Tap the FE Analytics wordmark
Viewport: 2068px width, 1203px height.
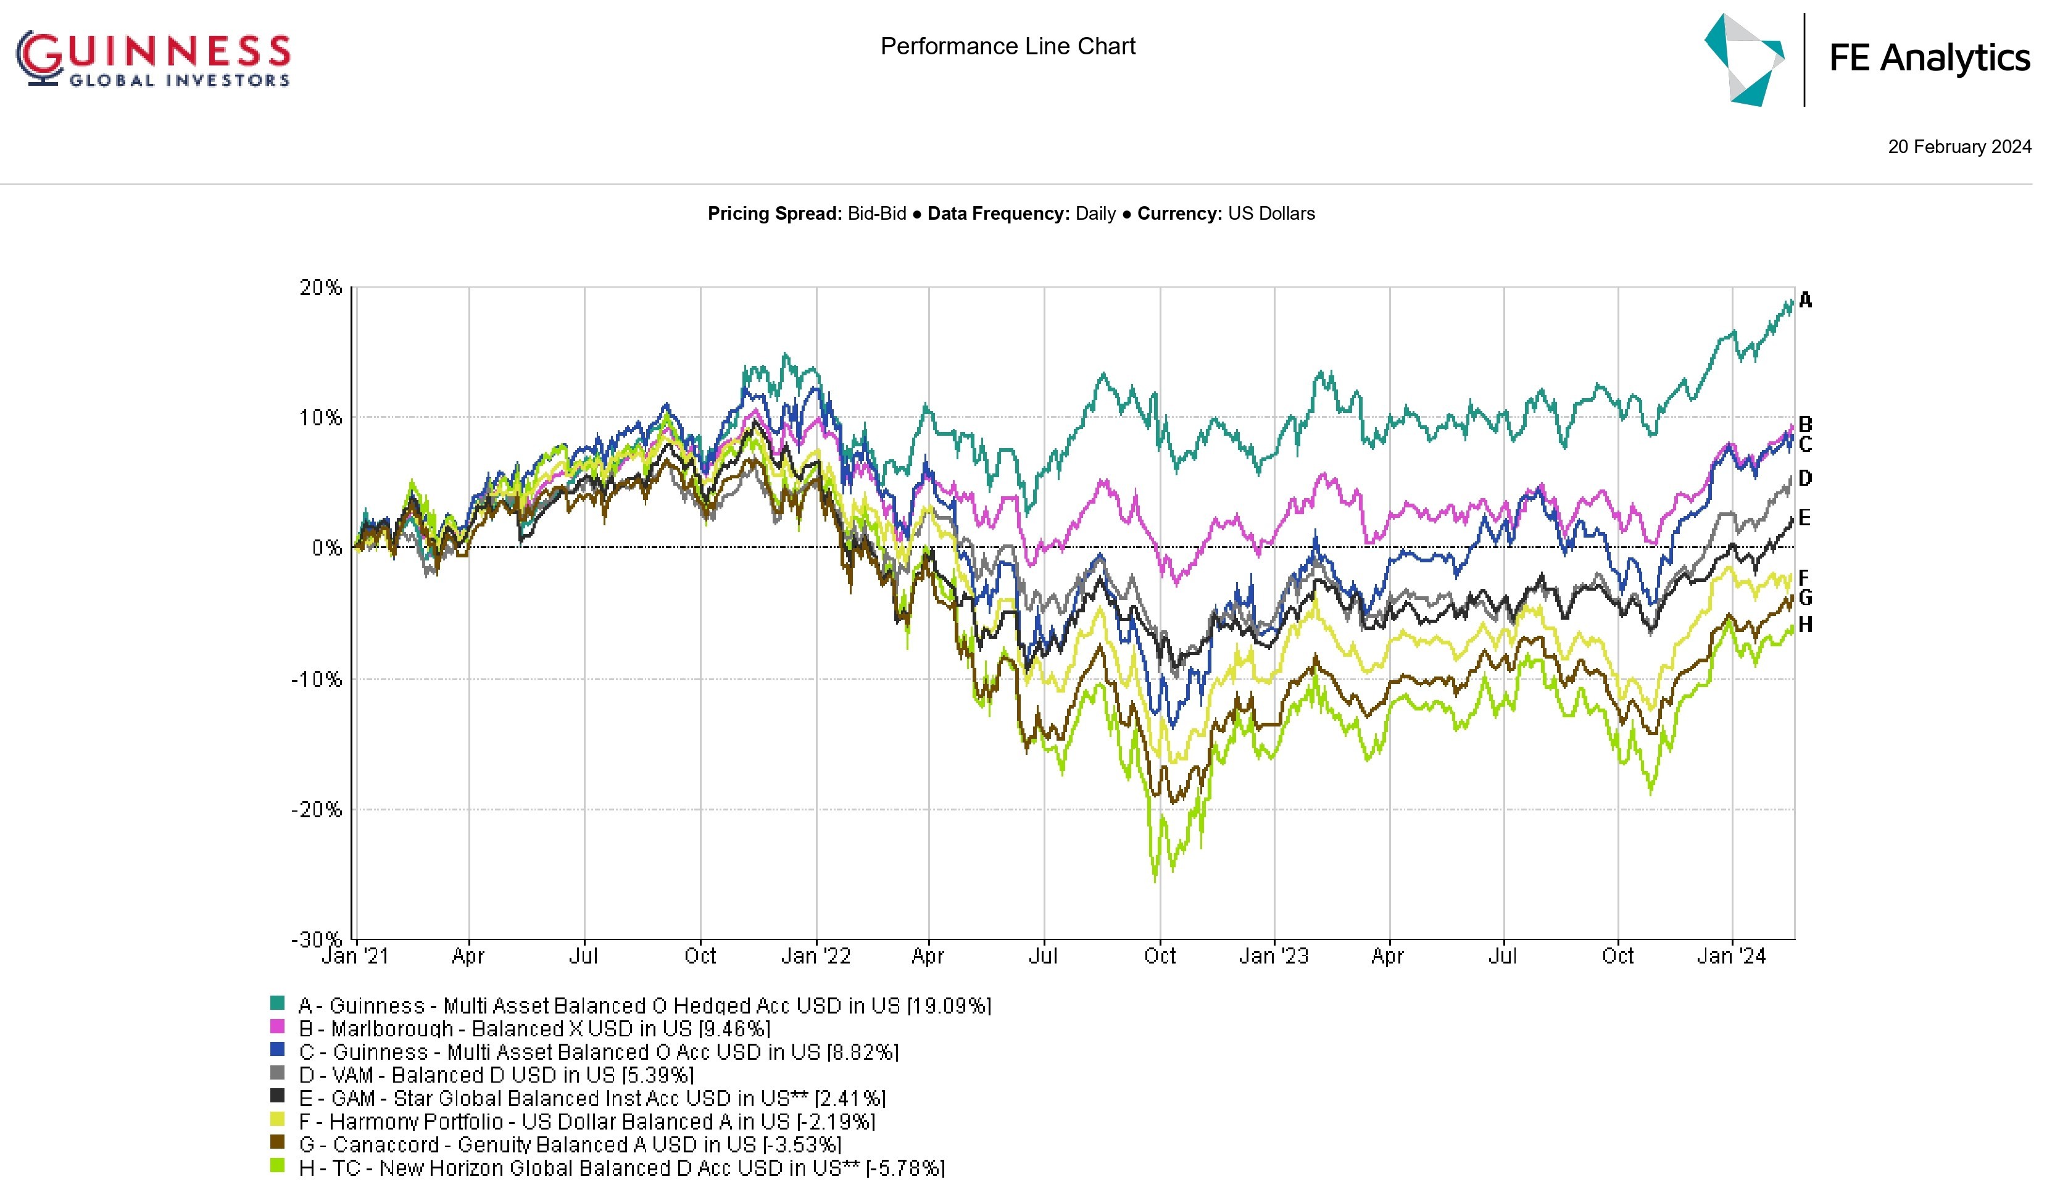(1929, 58)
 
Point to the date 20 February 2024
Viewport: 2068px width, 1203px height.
(1959, 147)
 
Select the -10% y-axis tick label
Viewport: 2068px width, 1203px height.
(317, 680)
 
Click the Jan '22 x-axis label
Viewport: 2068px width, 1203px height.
(816, 957)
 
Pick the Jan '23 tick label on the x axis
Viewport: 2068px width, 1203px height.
(1274, 957)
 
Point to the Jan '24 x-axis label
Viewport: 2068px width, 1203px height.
(1732, 957)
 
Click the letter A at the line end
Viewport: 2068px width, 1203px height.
(1805, 301)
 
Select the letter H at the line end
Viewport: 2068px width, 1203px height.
(1805, 625)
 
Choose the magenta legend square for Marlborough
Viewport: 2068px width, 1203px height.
(277, 1026)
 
